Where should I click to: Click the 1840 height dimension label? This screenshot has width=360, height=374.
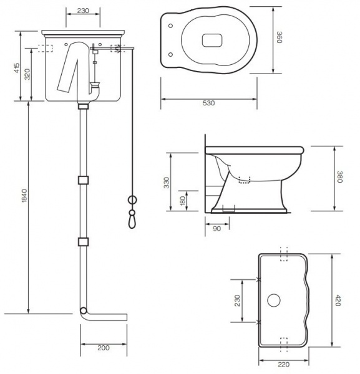tap(24, 196)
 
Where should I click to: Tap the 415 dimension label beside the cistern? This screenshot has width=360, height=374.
tap(17, 68)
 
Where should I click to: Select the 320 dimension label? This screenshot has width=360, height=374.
tap(27, 74)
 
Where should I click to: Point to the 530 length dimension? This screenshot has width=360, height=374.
tap(208, 103)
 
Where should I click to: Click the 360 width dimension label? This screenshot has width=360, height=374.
tap(280, 37)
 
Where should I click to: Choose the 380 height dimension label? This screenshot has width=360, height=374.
tap(340, 177)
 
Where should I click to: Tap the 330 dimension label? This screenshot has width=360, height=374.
tap(167, 183)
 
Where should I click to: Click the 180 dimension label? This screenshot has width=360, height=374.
tap(183, 201)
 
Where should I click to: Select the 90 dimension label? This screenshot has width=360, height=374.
tap(216, 229)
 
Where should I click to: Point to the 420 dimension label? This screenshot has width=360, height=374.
tap(338, 300)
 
